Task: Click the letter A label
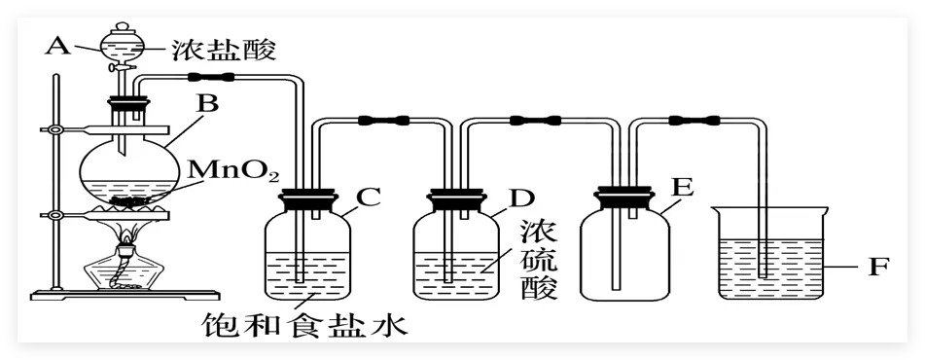coord(57,44)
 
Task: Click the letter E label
coord(683,188)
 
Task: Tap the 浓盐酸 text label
coord(224,51)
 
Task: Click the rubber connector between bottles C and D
coord(384,121)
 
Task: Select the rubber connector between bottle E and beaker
coord(694,121)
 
